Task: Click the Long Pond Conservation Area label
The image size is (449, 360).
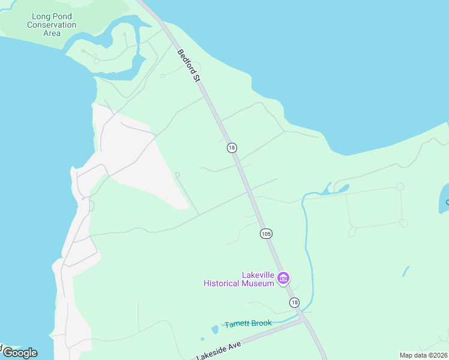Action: coord(52,25)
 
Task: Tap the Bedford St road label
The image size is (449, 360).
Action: coord(188,65)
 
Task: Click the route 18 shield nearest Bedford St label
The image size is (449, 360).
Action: coord(232,148)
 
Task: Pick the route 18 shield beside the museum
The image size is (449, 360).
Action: coord(294,302)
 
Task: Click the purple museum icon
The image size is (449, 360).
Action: coord(283,278)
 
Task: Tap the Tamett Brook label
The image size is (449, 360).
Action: coord(248,323)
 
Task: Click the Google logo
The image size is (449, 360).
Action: coord(20,353)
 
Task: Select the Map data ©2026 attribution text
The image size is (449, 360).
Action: coord(423,355)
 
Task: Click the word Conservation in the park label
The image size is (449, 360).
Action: coord(52,25)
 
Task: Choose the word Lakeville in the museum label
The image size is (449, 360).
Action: coord(258,275)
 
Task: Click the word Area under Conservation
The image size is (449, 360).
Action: coord(52,33)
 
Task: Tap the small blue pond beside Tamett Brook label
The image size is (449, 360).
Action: coord(215,329)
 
